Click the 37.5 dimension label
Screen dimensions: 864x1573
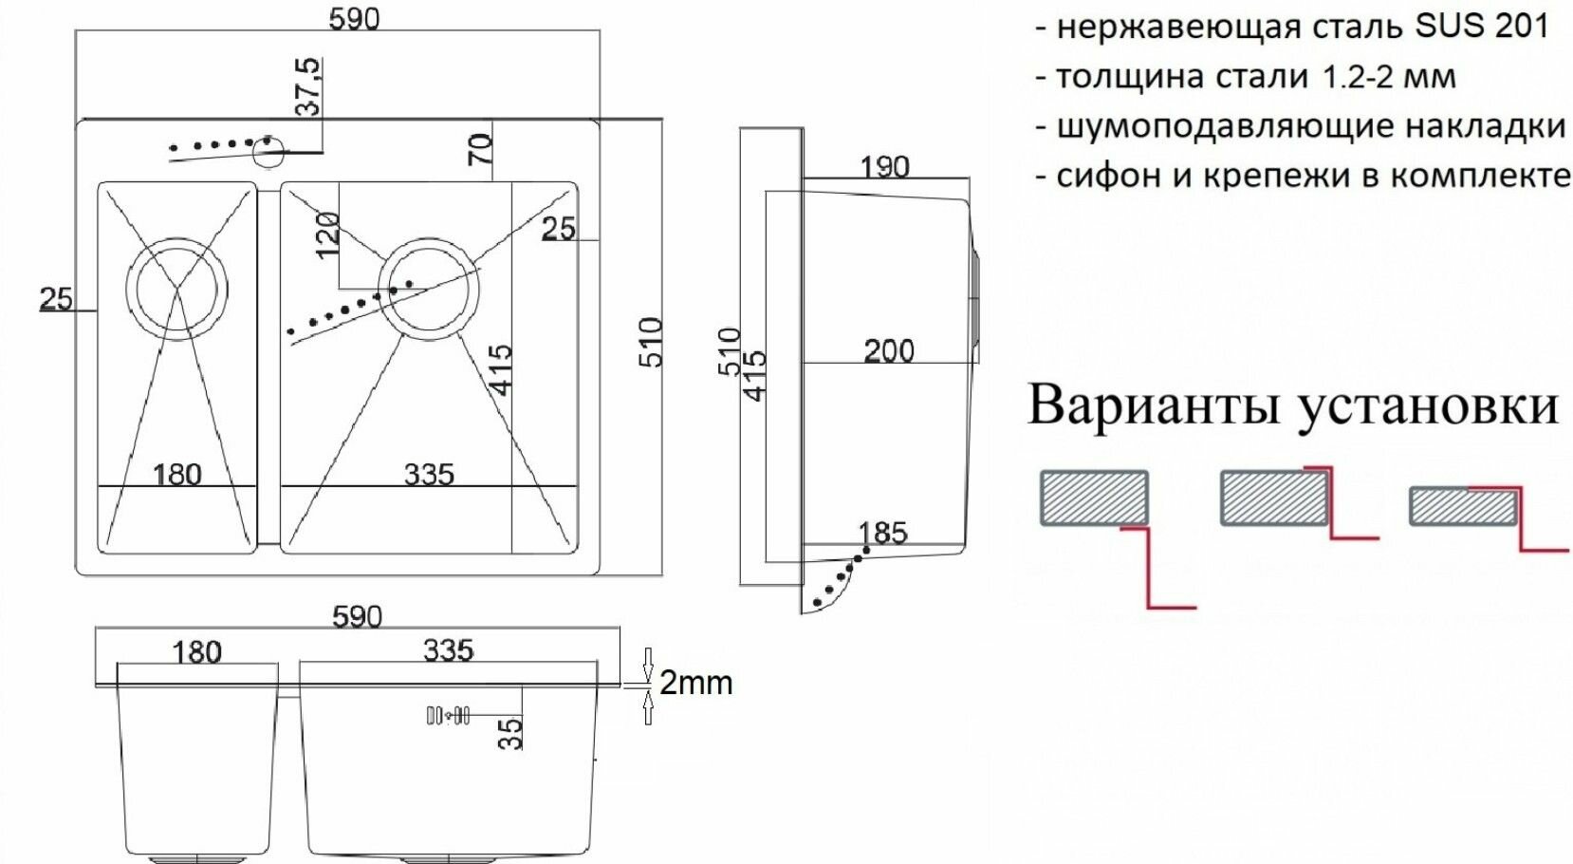pos(309,86)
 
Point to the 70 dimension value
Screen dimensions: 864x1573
pos(480,149)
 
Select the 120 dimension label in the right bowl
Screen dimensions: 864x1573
pos(327,235)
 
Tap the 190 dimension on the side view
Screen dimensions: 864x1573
pos(884,167)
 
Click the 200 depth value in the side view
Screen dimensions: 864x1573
pos(889,351)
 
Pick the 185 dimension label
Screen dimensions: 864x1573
pos(882,533)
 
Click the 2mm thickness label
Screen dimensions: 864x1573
pos(695,683)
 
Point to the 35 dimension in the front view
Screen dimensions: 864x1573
pos(510,732)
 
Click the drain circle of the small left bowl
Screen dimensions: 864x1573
pos(177,288)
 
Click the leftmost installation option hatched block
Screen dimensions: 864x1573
pos(1095,498)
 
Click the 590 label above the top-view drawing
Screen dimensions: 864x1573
pos(354,19)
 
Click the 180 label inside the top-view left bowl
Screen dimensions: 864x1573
pos(177,474)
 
